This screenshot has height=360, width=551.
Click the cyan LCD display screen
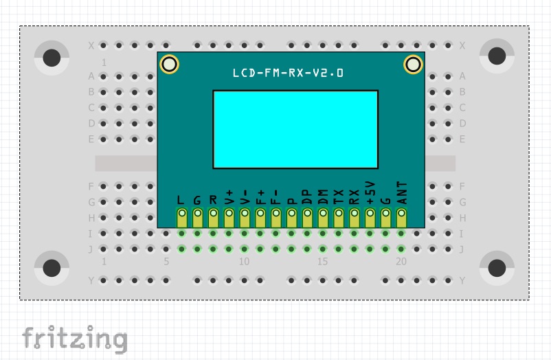pyautogui.click(x=295, y=129)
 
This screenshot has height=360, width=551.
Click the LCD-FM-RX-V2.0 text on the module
pyautogui.click(x=288, y=73)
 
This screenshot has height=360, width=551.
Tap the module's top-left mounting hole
pyautogui.click(x=170, y=65)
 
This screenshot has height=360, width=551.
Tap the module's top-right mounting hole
pyautogui.click(x=413, y=65)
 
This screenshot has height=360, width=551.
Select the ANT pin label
pyautogui.click(x=402, y=193)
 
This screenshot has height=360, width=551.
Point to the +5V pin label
pyautogui.click(x=370, y=194)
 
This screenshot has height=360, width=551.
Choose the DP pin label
pyautogui.click(x=307, y=197)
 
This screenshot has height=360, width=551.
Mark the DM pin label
pyautogui.click(x=323, y=197)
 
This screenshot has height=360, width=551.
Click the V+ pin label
pyautogui.click(x=229, y=197)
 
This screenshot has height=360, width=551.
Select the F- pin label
pyautogui.click(x=275, y=197)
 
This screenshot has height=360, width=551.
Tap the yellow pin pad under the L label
pyautogui.click(x=182, y=218)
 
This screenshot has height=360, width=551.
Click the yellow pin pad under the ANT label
pyautogui.click(x=402, y=218)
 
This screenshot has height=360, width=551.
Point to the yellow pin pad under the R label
pyautogui.click(x=213, y=218)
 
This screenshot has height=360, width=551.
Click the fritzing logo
pyautogui.click(x=74, y=339)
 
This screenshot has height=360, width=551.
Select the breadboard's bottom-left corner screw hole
pyautogui.click(x=52, y=267)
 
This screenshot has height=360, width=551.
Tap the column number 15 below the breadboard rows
pyautogui.click(x=322, y=262)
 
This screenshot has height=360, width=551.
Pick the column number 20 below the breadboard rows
pyautogui.click(x=401, y=262)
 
